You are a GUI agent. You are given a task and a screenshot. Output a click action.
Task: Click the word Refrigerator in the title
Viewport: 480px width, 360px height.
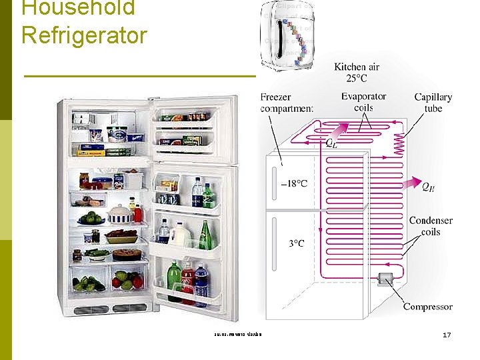point(84,34)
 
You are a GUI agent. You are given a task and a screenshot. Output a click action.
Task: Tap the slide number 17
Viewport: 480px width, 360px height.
point(447,334)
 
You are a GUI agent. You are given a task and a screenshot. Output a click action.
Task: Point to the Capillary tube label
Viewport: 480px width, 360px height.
point(433,103)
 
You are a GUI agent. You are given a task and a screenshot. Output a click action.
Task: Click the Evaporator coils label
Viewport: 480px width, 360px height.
point(363,102)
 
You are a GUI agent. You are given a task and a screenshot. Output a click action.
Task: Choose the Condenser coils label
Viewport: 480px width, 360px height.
point(431,226)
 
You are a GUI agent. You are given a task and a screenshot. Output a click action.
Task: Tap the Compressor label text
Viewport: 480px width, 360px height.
point(427,307)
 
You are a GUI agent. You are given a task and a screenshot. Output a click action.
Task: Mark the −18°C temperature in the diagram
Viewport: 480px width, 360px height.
point(294,183)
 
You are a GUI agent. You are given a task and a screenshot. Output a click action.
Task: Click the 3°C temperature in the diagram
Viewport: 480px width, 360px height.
point(296,243)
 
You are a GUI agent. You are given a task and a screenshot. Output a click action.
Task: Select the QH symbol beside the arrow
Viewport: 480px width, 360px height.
point(429,187)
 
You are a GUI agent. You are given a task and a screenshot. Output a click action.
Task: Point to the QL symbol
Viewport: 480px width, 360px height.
point(331,142)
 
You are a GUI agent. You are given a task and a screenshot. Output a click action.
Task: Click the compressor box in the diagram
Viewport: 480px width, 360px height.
point(386,280)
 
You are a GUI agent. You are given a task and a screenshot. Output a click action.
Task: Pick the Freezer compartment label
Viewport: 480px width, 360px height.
point(287,103)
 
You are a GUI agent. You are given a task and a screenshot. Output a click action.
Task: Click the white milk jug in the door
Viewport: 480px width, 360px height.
point(179,234)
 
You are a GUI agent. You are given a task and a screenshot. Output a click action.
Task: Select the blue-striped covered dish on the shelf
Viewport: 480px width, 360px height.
point(121,214)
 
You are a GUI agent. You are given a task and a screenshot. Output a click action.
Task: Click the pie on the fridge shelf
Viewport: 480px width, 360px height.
point(125,254)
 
